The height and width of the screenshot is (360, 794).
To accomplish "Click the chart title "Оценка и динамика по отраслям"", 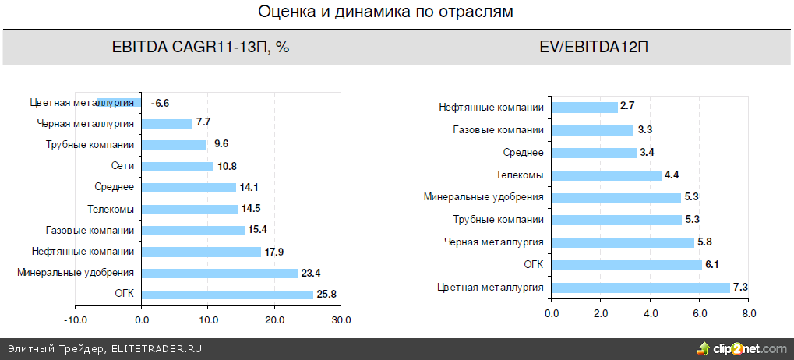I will (397, 12).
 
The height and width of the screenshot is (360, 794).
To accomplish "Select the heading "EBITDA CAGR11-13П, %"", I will (201, 48).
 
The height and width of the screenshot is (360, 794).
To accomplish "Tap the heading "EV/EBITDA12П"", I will (594, 48).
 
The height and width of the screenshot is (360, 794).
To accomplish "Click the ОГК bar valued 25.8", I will (227, 295).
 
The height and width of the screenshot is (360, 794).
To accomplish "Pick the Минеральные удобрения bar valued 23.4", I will (219, 273).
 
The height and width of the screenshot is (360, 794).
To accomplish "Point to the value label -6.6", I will (161, 102).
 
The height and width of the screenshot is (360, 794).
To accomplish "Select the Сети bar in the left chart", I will (178, 166).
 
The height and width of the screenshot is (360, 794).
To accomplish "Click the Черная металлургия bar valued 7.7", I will (167, 123).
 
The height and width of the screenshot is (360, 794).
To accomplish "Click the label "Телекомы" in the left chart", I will (112, 209).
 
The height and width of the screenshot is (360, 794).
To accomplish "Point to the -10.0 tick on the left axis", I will (75, 320).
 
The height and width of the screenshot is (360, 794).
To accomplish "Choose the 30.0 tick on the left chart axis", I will (341, 320).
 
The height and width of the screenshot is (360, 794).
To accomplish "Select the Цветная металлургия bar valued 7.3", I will (641, 288).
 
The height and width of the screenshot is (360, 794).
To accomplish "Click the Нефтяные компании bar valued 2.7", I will (584, 107).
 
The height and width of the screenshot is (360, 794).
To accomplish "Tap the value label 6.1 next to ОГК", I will (712, 265).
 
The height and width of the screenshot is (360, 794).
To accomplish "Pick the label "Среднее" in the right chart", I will (524, 152).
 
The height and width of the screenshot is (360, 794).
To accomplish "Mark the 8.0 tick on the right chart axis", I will (749, 314).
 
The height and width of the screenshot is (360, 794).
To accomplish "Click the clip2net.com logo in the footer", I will (741, 348).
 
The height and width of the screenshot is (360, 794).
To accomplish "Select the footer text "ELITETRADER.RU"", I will (157, 349).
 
